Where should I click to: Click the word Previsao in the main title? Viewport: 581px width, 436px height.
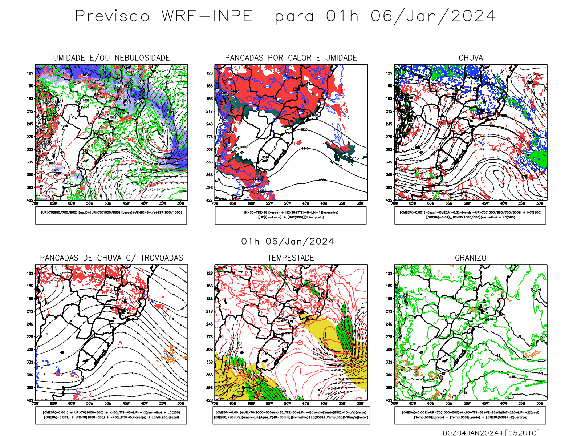pos(112,16)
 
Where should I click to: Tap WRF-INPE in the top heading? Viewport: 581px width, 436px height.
pos(207,16)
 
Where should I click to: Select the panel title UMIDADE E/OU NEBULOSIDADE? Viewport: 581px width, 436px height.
pos(111,58)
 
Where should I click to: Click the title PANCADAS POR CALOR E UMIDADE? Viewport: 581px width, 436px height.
pos(291,58)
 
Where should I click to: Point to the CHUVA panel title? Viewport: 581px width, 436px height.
pos(471,58)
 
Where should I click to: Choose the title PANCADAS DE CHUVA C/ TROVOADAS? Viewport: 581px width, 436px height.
pos(111,258)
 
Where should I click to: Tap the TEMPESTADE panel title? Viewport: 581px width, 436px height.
pos(291,258)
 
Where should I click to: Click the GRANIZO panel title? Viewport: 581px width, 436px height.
pos(471,258)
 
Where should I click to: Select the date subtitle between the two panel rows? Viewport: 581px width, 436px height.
pos(288,242)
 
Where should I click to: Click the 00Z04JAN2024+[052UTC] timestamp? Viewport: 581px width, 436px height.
pos(491,433)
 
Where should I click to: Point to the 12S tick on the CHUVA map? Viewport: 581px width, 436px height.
pos(389,73)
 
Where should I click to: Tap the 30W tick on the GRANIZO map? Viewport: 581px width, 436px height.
pos(540,403)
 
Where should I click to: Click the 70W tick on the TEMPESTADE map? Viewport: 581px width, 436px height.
pos(215,403)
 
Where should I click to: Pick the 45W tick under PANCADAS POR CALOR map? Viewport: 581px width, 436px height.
pos(306,203)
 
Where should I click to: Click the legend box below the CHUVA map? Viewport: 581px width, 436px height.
pos(470,215)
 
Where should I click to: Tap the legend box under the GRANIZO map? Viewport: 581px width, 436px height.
pos(470,415)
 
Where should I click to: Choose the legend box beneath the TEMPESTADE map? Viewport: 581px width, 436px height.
pos(291,415)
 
